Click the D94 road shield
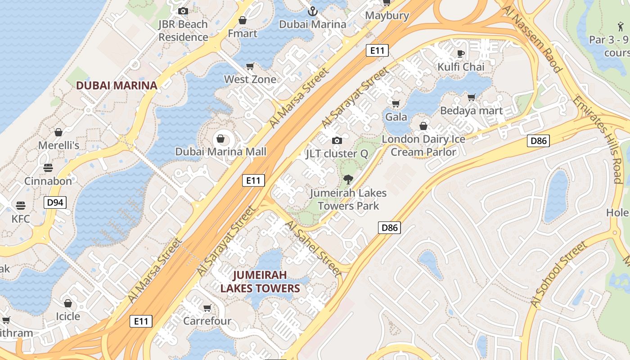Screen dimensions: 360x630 pos(55,202)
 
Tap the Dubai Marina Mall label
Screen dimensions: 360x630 pos(220,152)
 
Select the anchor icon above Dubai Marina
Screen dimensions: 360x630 pos(312,11)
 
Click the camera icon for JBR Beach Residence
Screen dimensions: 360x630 pos(183,11)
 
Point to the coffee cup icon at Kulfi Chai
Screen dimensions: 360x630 pos(461,54)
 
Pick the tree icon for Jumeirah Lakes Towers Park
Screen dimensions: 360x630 pos(348,180)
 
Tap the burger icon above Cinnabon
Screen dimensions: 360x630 pos(48,168)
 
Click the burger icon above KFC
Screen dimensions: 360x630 pos(21,206)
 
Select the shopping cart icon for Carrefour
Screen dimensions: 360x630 pos(207,308)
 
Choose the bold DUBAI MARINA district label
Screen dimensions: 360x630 pos(117,85)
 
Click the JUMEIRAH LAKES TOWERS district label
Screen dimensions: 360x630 pos(260,281)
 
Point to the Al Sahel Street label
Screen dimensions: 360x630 pos(313,247)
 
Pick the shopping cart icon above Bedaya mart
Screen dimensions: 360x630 pos(471,97)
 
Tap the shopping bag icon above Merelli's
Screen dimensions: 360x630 pos(58,132)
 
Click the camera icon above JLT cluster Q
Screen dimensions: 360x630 pos(337,141)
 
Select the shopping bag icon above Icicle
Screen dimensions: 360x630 pos(67,303)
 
